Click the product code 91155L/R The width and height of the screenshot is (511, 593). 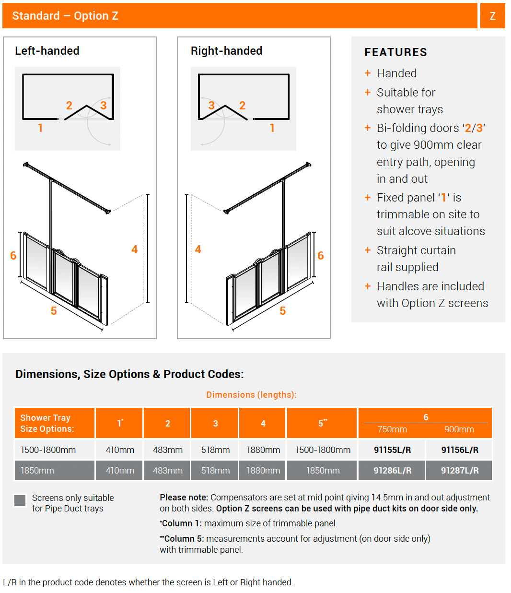click(x=392, y=450)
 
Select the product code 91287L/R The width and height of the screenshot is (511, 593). click(x=459, y=471)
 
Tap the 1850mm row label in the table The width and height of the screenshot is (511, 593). click(x=37, y=471)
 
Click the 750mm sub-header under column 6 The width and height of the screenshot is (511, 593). click(x=392, y=429)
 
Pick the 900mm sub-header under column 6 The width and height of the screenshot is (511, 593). click(x=459, y=429)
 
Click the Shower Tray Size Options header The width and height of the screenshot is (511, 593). click(x=47, y=423)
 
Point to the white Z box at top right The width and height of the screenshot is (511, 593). click(x=492, y=16)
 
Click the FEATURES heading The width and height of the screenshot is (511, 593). click(x=395, y=52)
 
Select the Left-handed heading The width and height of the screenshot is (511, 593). click(x=47, y=51)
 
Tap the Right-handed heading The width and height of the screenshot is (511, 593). click(x=226, y=51)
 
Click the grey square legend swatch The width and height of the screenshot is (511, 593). click(x=20, y=500)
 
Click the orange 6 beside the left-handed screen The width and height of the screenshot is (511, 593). click(x=13, y=256)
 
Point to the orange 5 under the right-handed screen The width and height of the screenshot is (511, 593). click(x=283, y=311)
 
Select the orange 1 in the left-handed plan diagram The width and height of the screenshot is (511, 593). click(x=40, y=128)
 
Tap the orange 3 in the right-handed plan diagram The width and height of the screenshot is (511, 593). click(x=211, y=106)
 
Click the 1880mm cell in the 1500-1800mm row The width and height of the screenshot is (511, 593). click(x=263, y=450)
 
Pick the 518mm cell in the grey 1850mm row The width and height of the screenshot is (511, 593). click(x=215, y=471)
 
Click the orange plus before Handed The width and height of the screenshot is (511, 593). click(x=368, y=73)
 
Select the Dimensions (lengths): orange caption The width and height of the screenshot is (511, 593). click(x=251, y=395)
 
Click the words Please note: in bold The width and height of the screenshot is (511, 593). click(x=184, y=498)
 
